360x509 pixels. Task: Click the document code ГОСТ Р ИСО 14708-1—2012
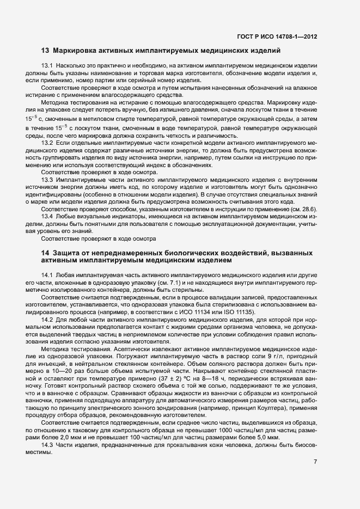tap(277, 37)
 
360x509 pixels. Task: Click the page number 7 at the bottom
tap(316, 462)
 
